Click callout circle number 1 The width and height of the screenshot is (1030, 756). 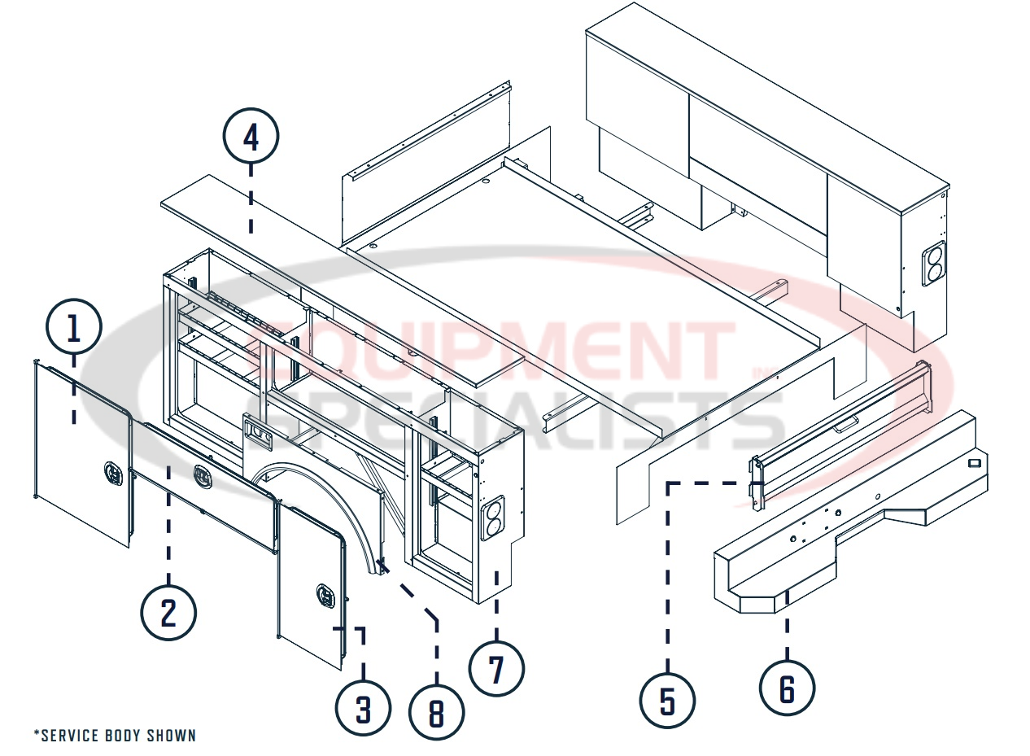(x=74, y=330)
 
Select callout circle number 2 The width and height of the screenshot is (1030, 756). (x=168, y=613)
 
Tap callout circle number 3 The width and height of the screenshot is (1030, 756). (x=364, y=709)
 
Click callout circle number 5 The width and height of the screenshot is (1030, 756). (x=667, y=701)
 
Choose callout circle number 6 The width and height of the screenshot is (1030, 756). (x=787, y=688)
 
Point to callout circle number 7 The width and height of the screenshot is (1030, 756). (x=496, y=669)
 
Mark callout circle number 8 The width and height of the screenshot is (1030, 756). (x=437, y=714)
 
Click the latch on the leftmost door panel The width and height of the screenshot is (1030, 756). (x=112, y=471)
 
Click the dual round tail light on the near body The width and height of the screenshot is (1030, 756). (x=492, y=521)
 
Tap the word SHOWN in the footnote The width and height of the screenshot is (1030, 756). (x=172, y=736)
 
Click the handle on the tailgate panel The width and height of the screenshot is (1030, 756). (x=846, y=421)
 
